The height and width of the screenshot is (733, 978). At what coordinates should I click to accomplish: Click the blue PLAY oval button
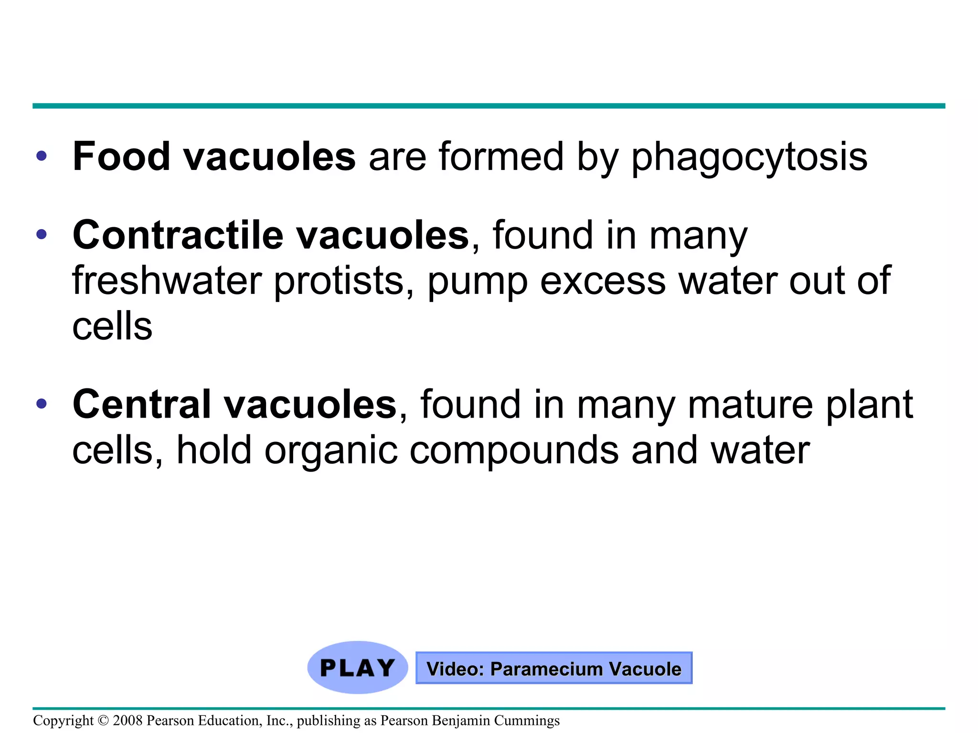(x=357, y=667)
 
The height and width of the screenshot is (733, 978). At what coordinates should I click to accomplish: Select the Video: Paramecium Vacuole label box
(x=553, y=668)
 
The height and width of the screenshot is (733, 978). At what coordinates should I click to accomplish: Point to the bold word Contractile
(x=178, y=235)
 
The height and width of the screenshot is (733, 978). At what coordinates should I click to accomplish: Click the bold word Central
(x=141, y=405)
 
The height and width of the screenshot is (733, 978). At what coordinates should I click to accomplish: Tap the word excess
(x=603, y=282)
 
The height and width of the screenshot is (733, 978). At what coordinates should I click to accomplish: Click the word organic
(x=331, y=451)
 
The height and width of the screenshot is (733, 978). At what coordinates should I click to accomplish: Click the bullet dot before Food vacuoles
(x=42, y=156)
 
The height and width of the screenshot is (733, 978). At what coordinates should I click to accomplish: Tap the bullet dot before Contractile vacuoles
(x=42, y=234)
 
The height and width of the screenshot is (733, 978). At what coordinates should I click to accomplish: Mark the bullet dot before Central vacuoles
(x=42, y=404)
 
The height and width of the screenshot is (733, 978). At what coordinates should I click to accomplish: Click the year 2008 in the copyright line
(x=128, y=721)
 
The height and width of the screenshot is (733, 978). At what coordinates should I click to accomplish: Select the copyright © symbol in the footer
(x=103, y=721)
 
